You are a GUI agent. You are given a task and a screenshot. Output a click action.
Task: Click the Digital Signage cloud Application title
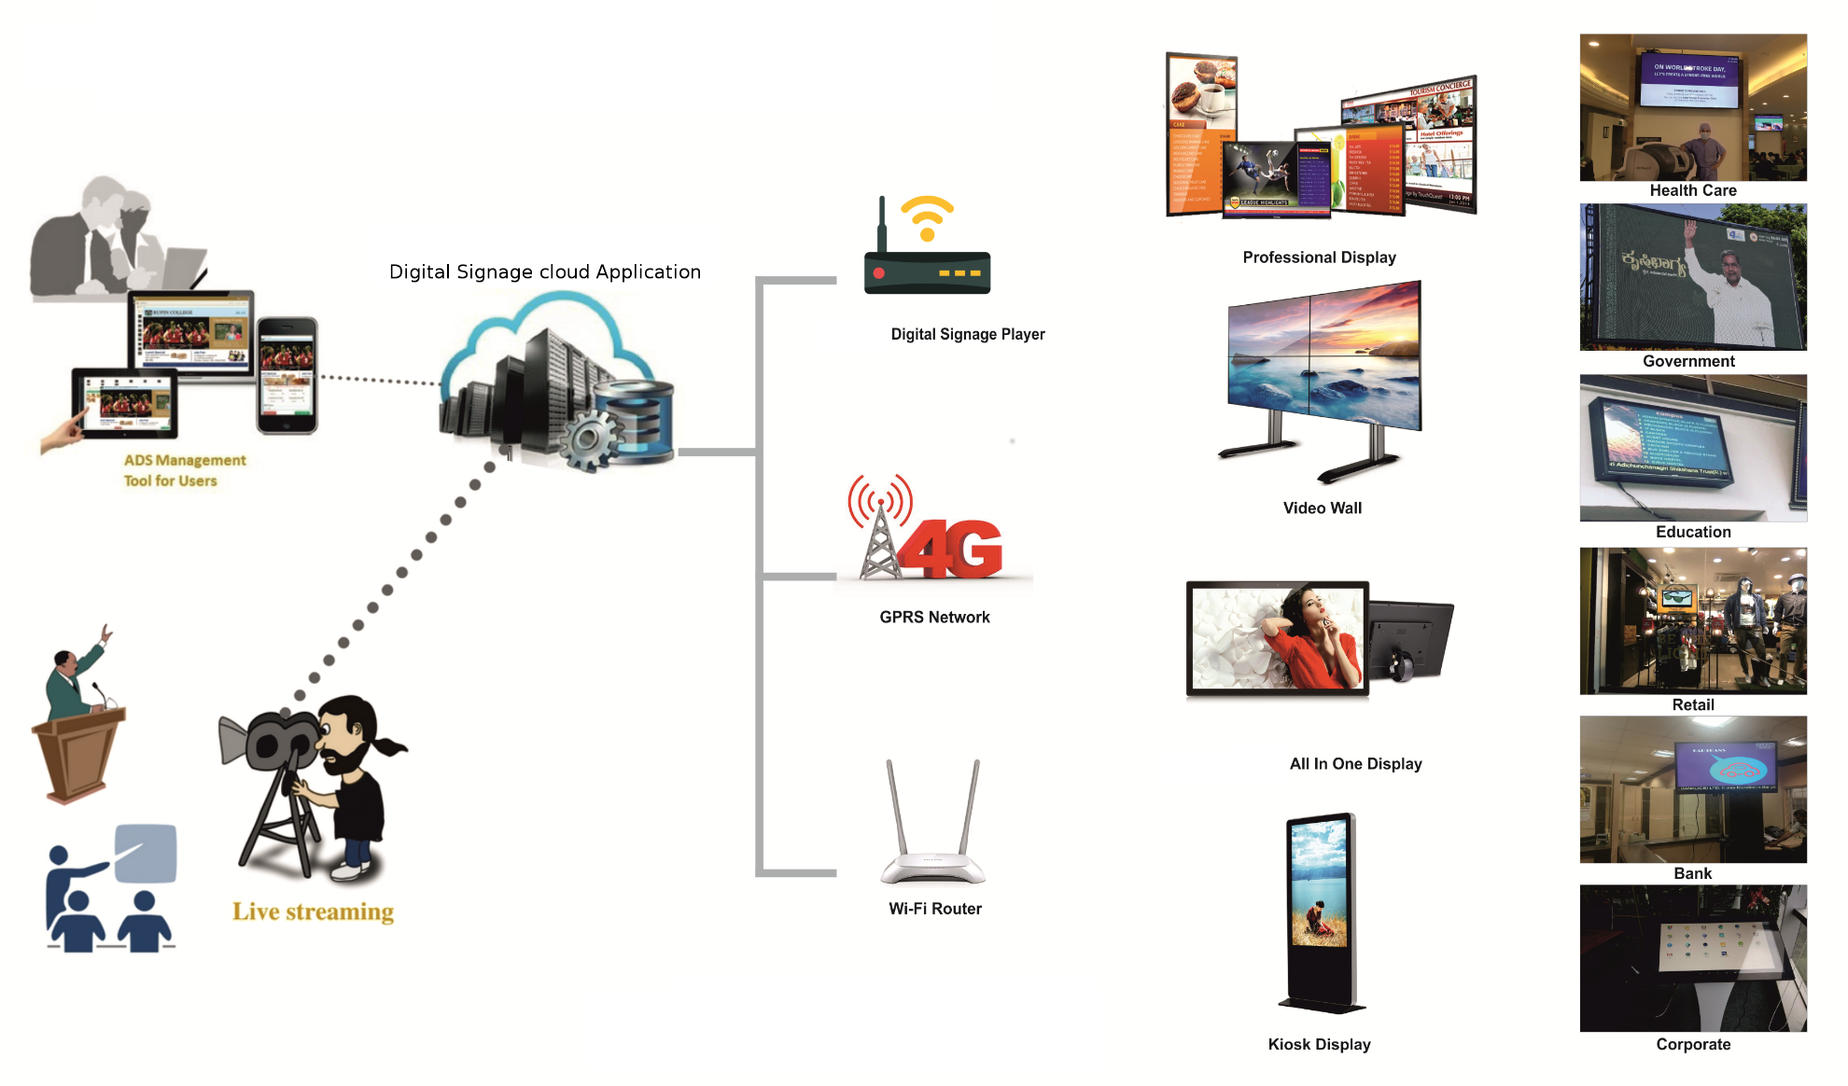544,271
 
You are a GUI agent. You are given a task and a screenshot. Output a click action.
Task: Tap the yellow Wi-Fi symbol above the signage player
927,217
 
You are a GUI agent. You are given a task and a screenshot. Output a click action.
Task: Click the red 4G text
952,550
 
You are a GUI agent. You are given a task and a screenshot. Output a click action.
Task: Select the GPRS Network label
934,617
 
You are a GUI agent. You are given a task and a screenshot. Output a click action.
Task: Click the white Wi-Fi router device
932,840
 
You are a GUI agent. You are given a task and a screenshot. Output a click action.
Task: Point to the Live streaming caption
313,912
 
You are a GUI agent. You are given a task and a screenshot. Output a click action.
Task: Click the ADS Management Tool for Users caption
184,470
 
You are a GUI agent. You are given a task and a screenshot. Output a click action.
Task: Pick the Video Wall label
1322,508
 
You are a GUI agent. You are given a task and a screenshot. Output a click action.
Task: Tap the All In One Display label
1355,763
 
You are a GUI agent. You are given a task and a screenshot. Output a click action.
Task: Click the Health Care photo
1692,107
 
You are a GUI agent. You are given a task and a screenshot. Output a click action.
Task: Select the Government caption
1688,361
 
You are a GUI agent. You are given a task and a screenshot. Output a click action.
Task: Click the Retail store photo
1692,620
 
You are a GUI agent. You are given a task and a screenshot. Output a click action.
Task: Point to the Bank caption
1692,873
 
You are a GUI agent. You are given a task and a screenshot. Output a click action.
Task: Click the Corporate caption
1693,1044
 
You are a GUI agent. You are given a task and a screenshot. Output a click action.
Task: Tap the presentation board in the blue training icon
146,853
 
